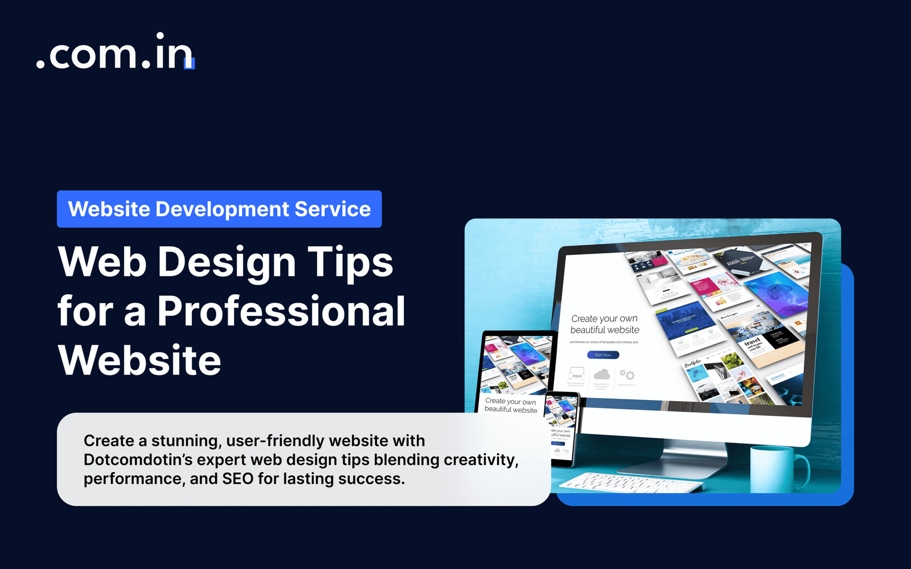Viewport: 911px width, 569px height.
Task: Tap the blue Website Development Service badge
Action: click(x=219, y=209)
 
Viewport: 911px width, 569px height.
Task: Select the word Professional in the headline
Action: click(x=281, y=311)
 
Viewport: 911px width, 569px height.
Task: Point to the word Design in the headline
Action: click(x=227, y=262)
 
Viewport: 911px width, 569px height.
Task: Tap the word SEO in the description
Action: click(x=237, y=479)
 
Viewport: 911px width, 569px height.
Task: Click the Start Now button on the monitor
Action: click(x=603, y=355)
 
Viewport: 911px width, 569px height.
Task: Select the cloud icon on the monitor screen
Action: click(x=601, y=374)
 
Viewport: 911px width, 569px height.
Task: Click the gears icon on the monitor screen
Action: click(x=627, y=374)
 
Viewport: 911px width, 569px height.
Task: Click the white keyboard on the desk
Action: click(x=632, y=483)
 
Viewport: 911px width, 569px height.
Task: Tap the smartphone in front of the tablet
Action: click(x=561, y=428)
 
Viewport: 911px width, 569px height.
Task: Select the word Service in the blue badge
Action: click(x=333, y=209)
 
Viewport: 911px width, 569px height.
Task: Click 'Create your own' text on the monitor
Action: click(x=604, y=319)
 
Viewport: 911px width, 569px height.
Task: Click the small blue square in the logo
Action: click(x=190, y=63)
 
